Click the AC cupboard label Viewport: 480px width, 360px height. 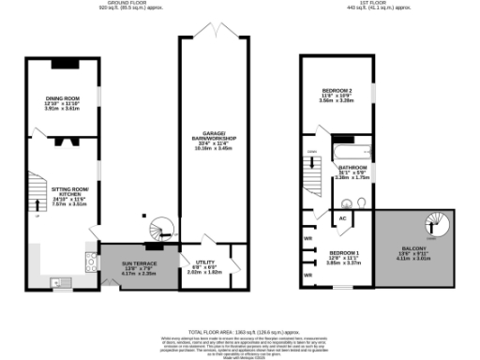(x=343, y=217)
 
